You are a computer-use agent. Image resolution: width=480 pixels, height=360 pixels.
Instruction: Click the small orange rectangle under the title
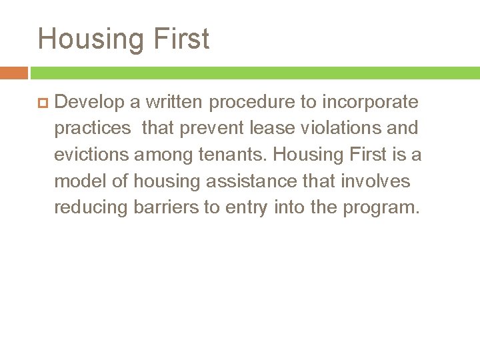pyautogui.click(x=13, y=73)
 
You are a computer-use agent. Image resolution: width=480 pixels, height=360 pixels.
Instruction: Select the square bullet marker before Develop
pyautogui.click(x=43, y=103)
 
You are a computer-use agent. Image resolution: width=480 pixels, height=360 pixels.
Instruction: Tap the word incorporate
pyautogui.click(x=371, y=102)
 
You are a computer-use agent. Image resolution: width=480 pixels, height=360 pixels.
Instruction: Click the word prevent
pyautogui.click(x=219, y=128)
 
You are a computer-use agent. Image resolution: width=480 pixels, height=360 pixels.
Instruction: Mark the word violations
pyautogui.click(x=354, y=128)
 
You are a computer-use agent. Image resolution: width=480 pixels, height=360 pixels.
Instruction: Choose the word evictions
pyautogui.click(x=92, y=155)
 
